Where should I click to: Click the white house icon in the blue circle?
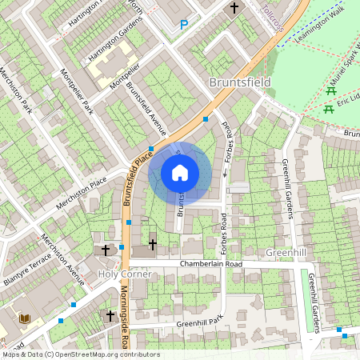coord(180,173)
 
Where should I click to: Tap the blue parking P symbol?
coord(184,25)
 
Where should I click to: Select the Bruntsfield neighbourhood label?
coord(239,82)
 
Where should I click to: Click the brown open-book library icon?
coord(25,319)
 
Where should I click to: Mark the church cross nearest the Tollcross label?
coord(234,9)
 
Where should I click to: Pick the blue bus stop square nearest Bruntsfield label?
coord(206,119)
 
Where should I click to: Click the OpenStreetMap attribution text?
coord(80,354)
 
